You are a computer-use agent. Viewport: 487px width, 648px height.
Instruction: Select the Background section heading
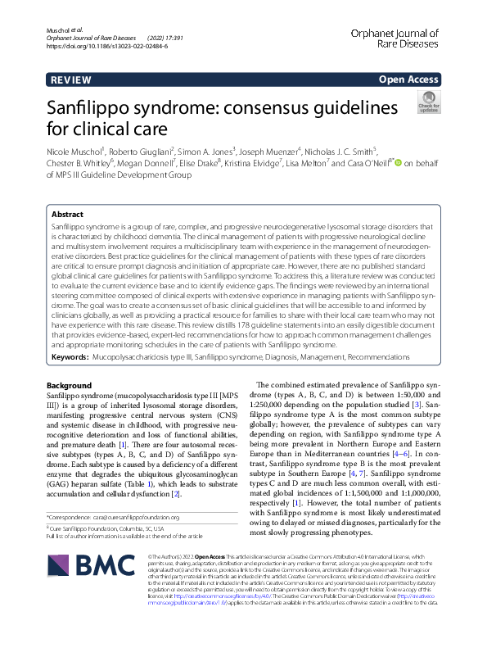[70, 384]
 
